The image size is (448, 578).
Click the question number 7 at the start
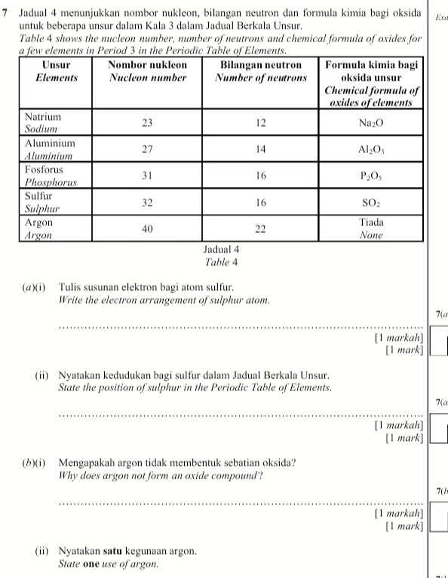point(5,15)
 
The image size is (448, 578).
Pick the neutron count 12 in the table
point(261,123)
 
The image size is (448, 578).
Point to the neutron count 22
point(261,228)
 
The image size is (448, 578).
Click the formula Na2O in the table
point(370,124)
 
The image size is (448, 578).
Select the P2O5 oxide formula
point(370,176)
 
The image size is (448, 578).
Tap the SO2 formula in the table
point(370,203)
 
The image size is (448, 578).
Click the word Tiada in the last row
point(370,223)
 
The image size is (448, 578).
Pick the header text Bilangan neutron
point(261,65)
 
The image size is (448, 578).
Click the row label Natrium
point(43,118)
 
